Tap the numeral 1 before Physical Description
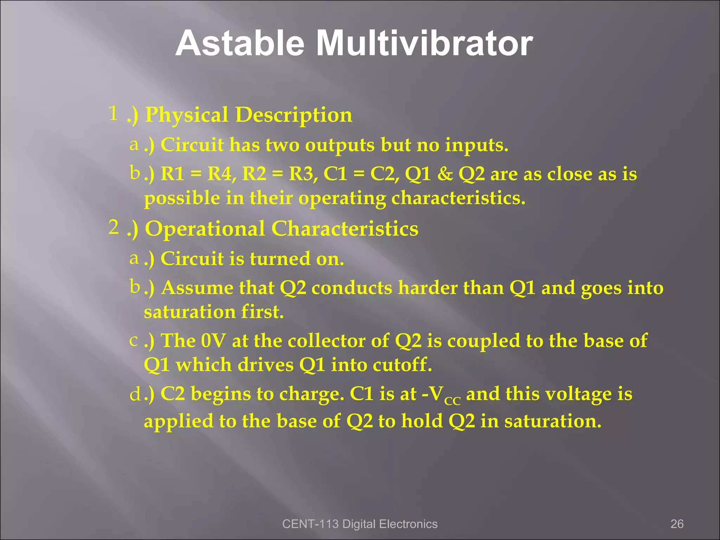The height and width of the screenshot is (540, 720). pos(113,114)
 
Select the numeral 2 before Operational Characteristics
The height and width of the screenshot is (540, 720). pos(113,227)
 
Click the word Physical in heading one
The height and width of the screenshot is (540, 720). pos(187,115)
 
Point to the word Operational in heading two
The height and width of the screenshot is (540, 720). pos(205,229)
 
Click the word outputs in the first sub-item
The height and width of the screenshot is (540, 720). pos(340,146)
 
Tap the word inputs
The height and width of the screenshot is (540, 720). pos(476,146)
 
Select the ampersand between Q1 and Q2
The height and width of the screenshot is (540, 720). pos(445,174)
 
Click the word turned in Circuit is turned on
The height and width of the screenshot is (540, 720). pos(280,259)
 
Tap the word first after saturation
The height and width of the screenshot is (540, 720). pos(262,312)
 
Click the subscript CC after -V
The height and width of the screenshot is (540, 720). pos(452,401)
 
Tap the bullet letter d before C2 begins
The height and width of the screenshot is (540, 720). pos(135,395)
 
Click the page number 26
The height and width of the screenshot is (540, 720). pos(677,524)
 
